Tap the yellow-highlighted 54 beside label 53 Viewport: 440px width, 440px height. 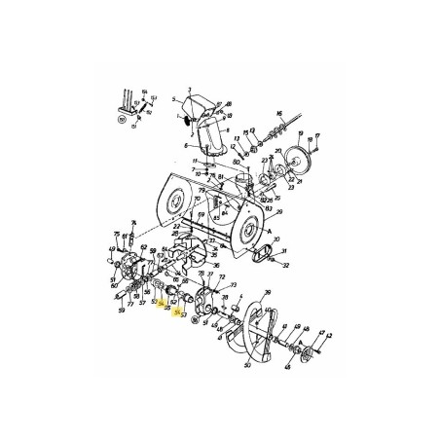pos(176,314)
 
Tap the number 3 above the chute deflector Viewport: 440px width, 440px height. pos(191,89)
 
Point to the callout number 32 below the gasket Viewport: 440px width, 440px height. pos(286,264)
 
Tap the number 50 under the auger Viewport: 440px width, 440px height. pos(248,366)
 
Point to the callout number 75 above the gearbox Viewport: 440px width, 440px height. pos(116,234)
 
